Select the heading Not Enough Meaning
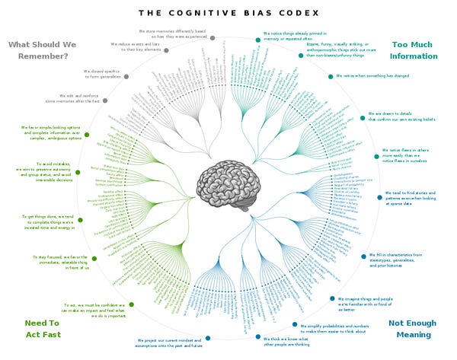[x=414, y=328]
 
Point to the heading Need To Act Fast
[x=42, y=328]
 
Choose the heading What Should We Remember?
[x=43, y=49]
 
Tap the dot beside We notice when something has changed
[x=331, y=75]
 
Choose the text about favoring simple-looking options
[x=46, y=133]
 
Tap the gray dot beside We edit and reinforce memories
[x=104, y=100]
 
